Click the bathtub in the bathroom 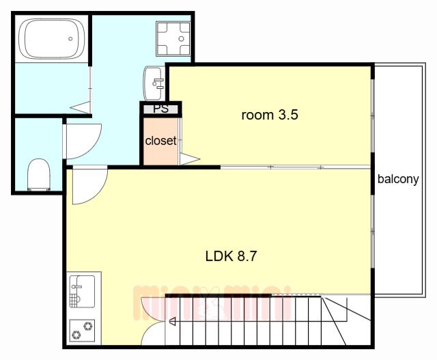click(x=52, y=38)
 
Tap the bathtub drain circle click(x=70, y=39)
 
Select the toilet click(x=39, y=175)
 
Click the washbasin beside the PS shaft click(x=154, y=83)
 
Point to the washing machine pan click(x=173, y=39)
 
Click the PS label click(x=161, y=109)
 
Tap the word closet click(x=160, y=141)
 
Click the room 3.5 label click(x=270, y=115)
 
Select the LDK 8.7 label click(x=231, y=256)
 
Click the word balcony click(x=398, y=179)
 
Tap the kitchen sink click(x=82, y=292)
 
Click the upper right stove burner click(x=88, y=326)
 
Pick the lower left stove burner click(x=76, y=334)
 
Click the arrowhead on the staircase click(x=173, y=322)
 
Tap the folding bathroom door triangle click(x=81, y=107)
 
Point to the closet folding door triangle click(x=190, y=159)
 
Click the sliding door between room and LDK click(x=296, y=167)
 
